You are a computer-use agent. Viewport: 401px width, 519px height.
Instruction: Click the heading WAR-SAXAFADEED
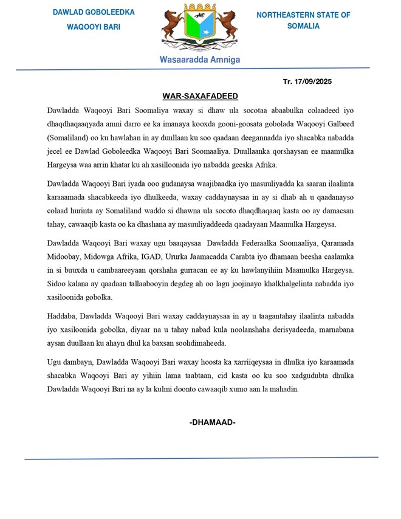[200, 96]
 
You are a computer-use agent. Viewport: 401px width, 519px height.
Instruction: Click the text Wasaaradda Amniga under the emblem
[200, 60]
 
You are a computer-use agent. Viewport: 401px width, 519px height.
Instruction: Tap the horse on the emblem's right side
[226, 27]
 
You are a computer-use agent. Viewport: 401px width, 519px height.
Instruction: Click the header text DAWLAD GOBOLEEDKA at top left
[94, 13]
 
